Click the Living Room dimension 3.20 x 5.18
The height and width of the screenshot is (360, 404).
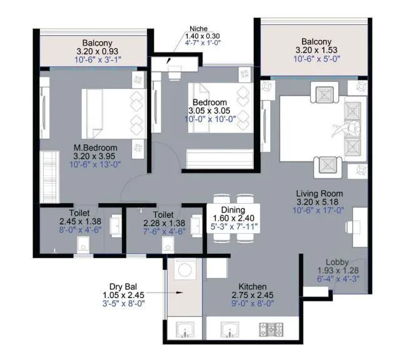click(x=320, y=202)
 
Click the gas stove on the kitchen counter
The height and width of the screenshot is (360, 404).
click(x=273, y=329)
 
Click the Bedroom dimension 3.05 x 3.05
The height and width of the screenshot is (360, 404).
click(x=213, y=111)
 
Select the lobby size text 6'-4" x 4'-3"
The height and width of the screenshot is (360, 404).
click(x=339, y=280)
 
